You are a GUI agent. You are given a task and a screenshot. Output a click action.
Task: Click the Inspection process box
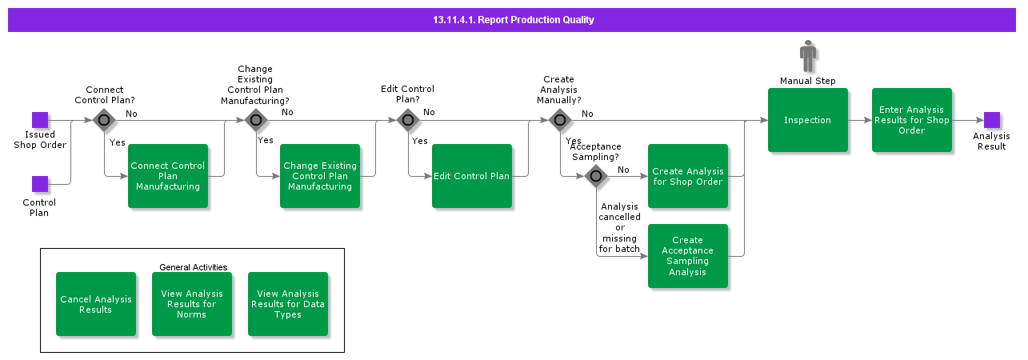[807, 120]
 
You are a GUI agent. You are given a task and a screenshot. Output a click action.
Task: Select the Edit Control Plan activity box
[471, 176]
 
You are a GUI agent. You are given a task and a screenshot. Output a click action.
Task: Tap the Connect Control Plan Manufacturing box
[167, 176]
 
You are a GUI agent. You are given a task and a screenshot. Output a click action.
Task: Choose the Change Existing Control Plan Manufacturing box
[319, 176]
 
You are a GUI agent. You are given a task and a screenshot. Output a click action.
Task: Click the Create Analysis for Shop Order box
[687, 176]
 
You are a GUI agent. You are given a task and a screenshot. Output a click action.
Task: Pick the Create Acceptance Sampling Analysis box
[687, 256]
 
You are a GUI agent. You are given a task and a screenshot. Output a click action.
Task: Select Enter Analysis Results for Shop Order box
[911, 120]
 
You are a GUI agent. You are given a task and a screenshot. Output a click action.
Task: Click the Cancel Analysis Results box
[95, 304]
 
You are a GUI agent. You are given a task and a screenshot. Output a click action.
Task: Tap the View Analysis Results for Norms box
[191, 304]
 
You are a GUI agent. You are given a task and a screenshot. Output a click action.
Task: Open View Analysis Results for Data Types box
[287, 304]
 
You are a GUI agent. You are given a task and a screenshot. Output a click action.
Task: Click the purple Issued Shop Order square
[40, 120]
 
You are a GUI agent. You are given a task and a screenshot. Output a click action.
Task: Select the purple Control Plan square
[40, 184]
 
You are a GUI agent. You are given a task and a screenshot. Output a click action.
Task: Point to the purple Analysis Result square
[992, 120]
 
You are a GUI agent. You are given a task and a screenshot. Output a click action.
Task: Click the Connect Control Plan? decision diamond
[103, 120]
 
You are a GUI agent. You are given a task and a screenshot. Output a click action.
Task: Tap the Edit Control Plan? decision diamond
[407, 120]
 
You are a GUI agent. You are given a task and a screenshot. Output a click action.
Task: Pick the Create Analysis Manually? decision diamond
[559, 120]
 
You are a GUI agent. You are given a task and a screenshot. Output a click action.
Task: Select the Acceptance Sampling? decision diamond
[595, 176]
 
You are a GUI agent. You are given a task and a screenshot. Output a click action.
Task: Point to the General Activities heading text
[193, 267]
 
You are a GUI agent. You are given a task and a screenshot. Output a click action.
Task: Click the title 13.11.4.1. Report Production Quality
[513, 20]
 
